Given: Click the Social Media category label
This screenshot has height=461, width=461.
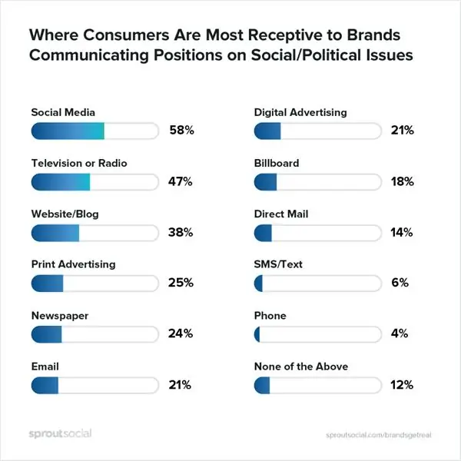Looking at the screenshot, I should pos(63,112).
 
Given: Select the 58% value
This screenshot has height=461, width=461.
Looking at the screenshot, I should pos(181,131).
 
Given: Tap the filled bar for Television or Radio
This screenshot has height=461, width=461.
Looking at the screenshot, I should pos(61,182).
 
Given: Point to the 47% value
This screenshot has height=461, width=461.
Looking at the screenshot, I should pos(181,182).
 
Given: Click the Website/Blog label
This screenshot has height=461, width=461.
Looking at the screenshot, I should pos(65,214).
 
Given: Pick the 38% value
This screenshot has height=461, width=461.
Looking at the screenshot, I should pos(181,233).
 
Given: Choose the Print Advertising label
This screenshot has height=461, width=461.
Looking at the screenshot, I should pos(73,264).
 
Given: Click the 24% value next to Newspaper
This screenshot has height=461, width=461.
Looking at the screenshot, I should pos(181,334).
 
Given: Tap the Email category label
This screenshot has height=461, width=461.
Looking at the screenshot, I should pos(45,366).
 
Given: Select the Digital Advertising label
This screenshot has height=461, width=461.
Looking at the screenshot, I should pos(300,112).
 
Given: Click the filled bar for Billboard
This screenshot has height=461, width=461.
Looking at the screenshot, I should pos(265,182).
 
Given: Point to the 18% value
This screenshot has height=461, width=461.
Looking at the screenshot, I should pos(402,182).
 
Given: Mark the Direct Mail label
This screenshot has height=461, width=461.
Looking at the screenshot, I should pos(281,214).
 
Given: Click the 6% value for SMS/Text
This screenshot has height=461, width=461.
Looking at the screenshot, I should pos(399,284).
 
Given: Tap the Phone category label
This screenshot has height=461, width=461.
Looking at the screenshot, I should pos(270,316).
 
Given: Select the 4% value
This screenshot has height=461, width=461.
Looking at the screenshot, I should pos(399,334).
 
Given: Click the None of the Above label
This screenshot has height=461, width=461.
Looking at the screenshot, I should pos(301,366).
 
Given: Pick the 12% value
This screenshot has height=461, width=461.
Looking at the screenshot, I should pos(402,385).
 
